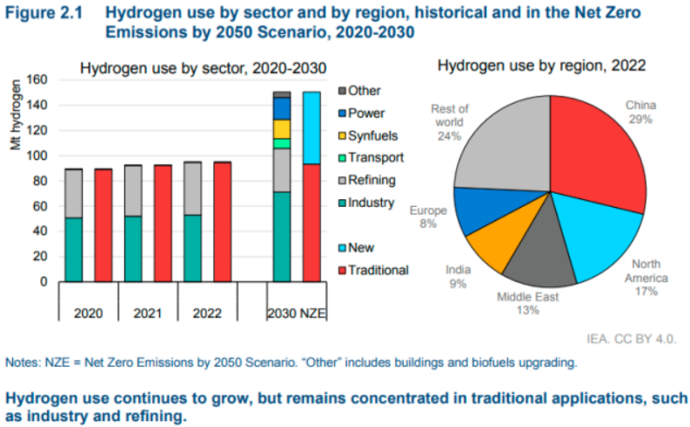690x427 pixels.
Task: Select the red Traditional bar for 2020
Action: (x=104, y=224)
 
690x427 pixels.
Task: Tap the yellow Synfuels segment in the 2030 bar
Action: (x=281, y=129)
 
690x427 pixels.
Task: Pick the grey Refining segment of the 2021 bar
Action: (x=132, y=190)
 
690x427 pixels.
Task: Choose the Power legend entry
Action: (x=365, y=113)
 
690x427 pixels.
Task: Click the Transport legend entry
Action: (x=373, y=158)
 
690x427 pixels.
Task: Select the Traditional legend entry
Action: (x=378, y=270)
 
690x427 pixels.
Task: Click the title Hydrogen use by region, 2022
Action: (x=541, y=65)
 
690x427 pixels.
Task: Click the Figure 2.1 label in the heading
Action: (x=41, y=13)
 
